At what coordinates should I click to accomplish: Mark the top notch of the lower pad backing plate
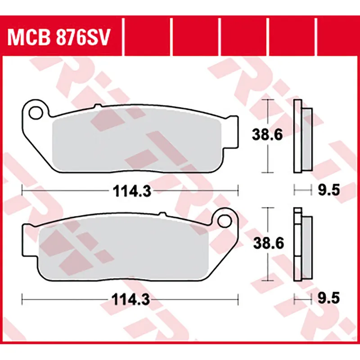click(159, 215)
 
